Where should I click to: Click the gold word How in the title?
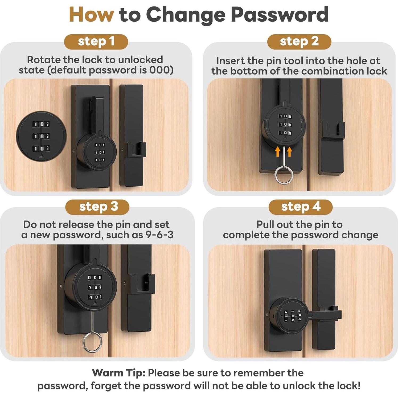[91, 15]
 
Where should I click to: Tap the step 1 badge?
[96, 42]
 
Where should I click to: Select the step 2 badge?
[299, 42]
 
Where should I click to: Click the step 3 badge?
[97, 207]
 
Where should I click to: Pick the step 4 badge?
[301, 207]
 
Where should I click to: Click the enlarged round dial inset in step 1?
[41, 136]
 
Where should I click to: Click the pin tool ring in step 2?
[284, 175]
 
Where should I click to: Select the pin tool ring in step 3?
[92, 342]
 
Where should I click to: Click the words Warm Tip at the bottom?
[118, 373]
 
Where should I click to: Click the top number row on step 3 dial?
[95, 277]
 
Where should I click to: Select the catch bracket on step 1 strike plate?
[136, 150]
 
